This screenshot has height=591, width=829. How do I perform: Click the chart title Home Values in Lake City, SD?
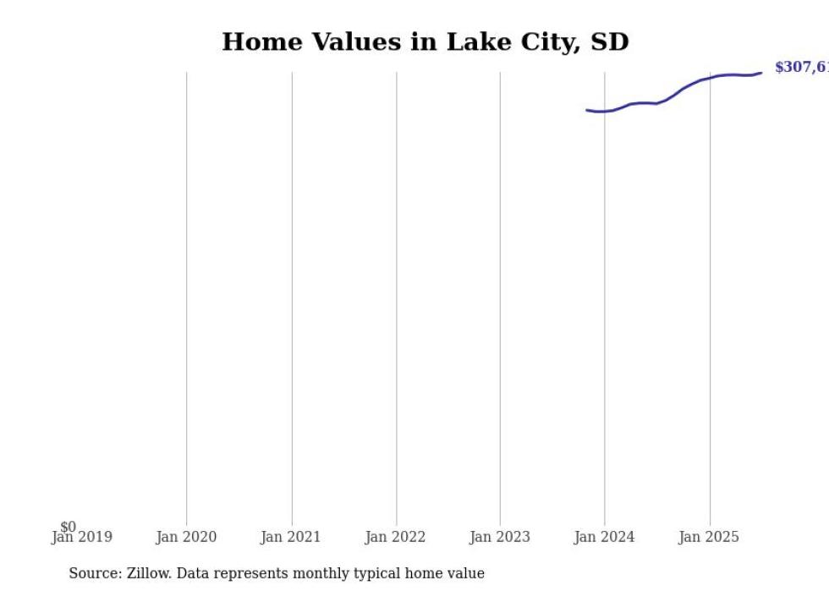click(425, 42)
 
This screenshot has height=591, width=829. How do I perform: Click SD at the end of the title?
click(610, 42)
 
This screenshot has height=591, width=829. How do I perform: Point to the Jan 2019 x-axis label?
click(82, 537)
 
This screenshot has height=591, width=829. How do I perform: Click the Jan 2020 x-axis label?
click(186, 537)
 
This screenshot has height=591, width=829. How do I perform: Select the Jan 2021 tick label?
click(291, 537)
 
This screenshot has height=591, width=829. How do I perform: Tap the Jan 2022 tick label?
click(395, 537)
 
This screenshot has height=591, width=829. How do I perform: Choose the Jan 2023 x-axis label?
click(500, 537)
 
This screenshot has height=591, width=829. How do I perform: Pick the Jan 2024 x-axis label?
click(604, 537)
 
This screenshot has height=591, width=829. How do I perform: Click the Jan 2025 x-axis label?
click(709, 537)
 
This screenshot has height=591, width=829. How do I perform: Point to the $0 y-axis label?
click(68, 527)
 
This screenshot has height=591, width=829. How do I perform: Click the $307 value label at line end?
click(800, 68)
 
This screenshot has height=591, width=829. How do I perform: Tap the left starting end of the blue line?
click(587, 110)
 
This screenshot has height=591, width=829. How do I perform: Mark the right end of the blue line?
click(761, 73)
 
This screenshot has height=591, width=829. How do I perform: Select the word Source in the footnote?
click(94, 573)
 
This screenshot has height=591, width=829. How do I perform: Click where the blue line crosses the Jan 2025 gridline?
click(710, 78)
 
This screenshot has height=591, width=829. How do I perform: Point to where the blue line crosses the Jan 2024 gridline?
click(605, 112)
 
